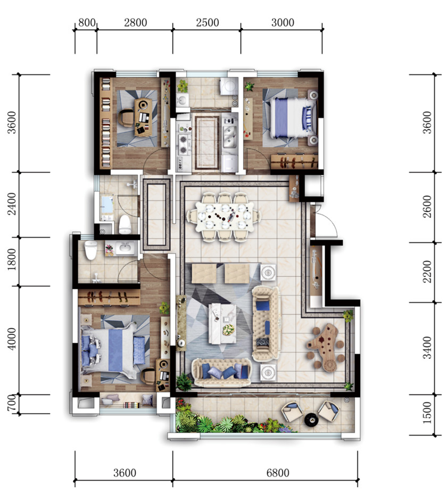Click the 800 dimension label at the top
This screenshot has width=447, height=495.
(87, 22)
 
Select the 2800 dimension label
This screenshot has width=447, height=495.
(136, 22)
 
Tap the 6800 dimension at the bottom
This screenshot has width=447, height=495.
(278, 473)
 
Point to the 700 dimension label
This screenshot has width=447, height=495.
(11, 403)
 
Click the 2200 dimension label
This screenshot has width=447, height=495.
(427, 272)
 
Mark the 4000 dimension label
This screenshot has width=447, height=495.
(11, 339)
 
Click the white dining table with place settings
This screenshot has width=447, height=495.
(224, 216)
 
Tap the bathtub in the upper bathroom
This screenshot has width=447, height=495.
(107, 206)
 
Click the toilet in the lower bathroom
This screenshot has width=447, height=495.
(90, 250)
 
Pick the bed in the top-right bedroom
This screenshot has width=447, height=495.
(290, 118)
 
